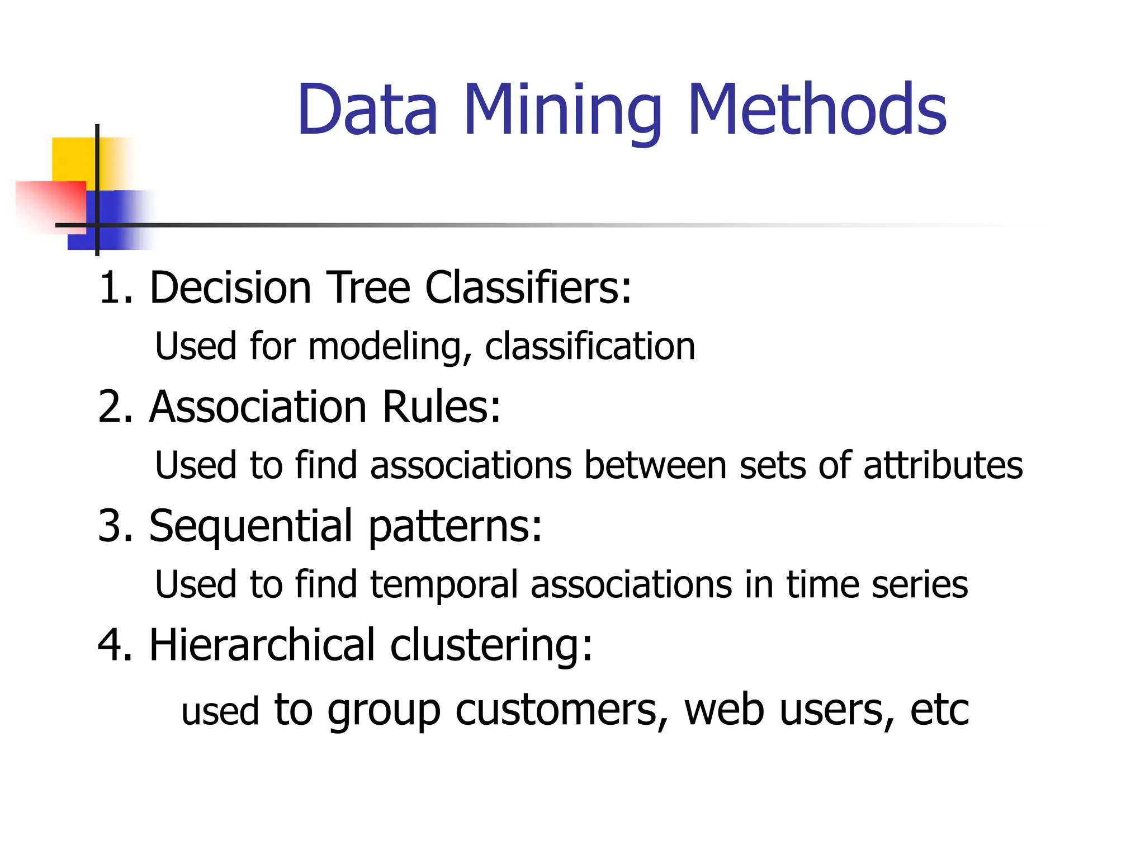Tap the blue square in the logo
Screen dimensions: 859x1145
117,221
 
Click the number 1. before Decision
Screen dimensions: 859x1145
115,287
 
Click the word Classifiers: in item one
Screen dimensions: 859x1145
528,287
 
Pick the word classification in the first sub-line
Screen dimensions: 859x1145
590,346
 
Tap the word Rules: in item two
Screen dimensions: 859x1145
441,407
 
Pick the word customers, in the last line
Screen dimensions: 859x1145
561,710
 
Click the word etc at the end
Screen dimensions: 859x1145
939,710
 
